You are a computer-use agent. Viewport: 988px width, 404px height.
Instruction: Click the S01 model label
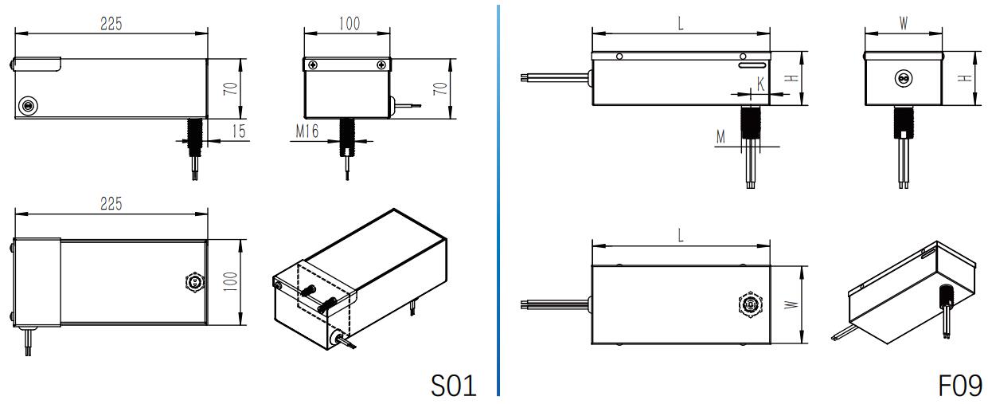point(454,386)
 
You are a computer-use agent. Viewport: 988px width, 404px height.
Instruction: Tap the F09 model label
point(960,386)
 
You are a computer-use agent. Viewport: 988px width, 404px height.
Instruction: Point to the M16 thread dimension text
point(307,131)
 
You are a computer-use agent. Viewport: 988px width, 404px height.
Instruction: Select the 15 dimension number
point(239,131)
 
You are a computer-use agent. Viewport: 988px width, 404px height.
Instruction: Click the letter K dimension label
point(761,84)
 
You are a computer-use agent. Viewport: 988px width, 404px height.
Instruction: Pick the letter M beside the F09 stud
point(720,137)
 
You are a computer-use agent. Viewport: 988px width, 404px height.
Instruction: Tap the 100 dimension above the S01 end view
point(350,23)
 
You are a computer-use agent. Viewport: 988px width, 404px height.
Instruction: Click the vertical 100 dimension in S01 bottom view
point(230,282)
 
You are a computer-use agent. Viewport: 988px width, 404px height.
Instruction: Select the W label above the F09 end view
point(904,23)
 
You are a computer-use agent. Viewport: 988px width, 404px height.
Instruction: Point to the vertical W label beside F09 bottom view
point(791,304)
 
